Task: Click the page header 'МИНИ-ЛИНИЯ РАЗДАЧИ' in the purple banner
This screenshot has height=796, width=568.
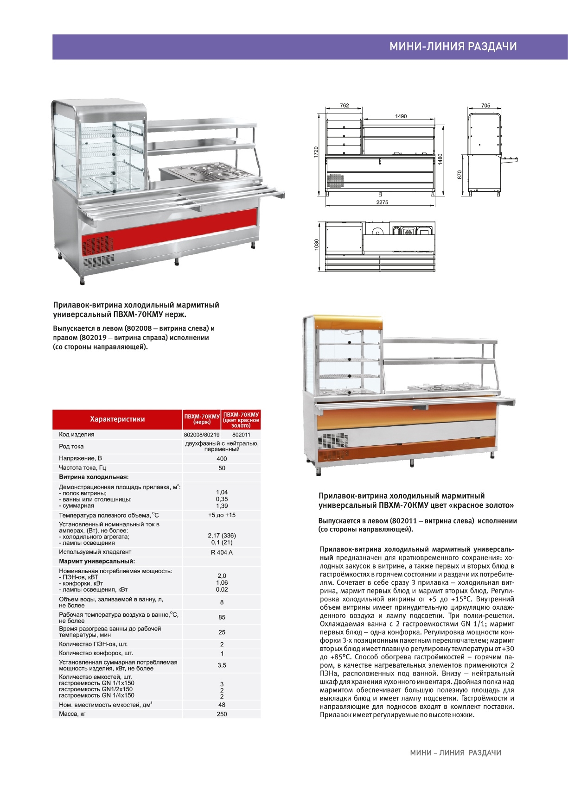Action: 453,46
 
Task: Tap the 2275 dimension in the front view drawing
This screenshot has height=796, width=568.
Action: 382,202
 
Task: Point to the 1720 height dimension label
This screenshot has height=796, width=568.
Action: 316,151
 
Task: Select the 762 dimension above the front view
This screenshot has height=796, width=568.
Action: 344,106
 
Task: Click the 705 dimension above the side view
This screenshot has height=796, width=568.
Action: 485,106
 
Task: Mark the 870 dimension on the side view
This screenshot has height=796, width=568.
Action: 460,175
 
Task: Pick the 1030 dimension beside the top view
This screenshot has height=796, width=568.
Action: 317,245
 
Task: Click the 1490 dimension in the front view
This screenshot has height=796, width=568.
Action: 401,116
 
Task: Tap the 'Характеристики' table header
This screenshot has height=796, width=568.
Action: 117,419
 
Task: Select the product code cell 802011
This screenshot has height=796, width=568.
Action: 241,435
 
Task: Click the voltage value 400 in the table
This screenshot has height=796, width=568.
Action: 222,459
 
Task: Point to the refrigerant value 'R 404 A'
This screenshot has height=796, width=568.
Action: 222,552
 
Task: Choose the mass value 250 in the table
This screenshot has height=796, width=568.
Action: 222,714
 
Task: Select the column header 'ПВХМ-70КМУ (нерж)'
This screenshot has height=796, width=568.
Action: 202,419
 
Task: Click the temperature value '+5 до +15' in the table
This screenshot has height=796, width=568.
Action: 222,515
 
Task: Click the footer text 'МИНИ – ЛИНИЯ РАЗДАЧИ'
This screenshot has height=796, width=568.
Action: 455,753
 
